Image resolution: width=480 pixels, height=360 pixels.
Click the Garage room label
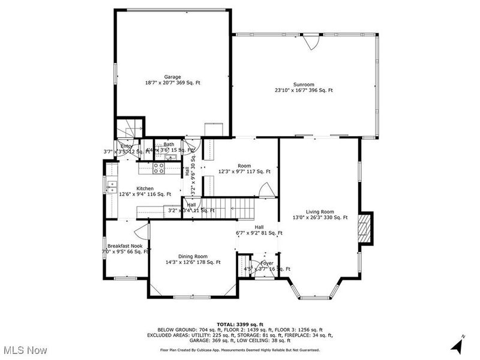(172, 77)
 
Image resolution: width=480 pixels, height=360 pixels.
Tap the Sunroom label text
(304, 85)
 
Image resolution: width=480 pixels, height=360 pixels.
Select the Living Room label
(320, 212)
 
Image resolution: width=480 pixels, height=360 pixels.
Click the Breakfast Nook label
(125, 246)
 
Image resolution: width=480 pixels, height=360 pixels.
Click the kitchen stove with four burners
(160, 169)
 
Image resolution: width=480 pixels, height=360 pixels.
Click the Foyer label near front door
(267, 263)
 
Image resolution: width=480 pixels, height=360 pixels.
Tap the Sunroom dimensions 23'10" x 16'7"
(304, 91)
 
